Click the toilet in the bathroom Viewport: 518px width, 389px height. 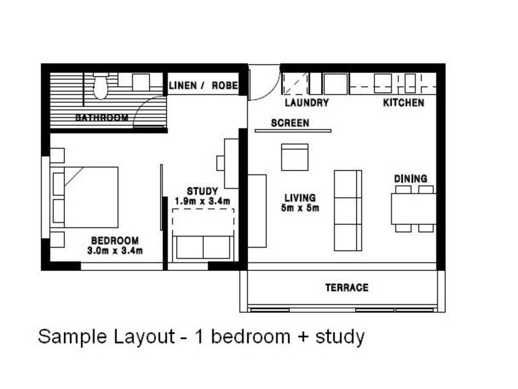[100, 86]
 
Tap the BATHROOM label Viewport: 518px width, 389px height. [102, 117]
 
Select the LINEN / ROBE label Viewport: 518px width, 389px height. [203, 86]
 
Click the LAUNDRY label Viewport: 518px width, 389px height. [307, 102]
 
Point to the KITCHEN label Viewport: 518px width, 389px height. [403, 102]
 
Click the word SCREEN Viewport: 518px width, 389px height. [290, 123]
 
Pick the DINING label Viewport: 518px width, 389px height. [411, 179]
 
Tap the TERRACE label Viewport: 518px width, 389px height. [346, 287]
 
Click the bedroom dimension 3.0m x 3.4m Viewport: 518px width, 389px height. [115, 251]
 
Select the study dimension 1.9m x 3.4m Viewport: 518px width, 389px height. [203, 201]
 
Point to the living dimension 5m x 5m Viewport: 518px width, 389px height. [300, 208]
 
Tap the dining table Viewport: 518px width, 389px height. [413, 209]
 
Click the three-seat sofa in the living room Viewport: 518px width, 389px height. [348, 211]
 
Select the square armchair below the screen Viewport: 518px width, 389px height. [295, 157]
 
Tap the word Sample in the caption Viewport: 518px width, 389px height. [73, 336]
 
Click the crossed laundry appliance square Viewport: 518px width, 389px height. [296, 84]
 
